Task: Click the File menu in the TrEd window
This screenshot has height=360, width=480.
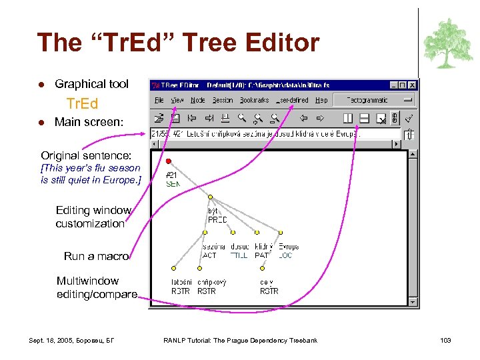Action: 159,100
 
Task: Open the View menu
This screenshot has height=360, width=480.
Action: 177,100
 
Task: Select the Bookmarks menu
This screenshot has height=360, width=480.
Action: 254,100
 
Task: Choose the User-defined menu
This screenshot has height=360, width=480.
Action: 293,100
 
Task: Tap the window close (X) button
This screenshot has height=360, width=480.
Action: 413,85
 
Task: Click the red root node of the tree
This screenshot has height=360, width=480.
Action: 169,161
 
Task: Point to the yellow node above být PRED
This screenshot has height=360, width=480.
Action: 210,197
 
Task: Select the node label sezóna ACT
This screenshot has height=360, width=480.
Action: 213,251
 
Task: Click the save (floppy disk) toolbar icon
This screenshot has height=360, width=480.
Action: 175,119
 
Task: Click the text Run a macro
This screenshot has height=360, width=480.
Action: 96,256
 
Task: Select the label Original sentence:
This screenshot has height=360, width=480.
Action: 86,155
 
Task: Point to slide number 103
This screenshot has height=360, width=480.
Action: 445,341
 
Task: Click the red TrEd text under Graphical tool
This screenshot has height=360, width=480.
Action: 82,103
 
